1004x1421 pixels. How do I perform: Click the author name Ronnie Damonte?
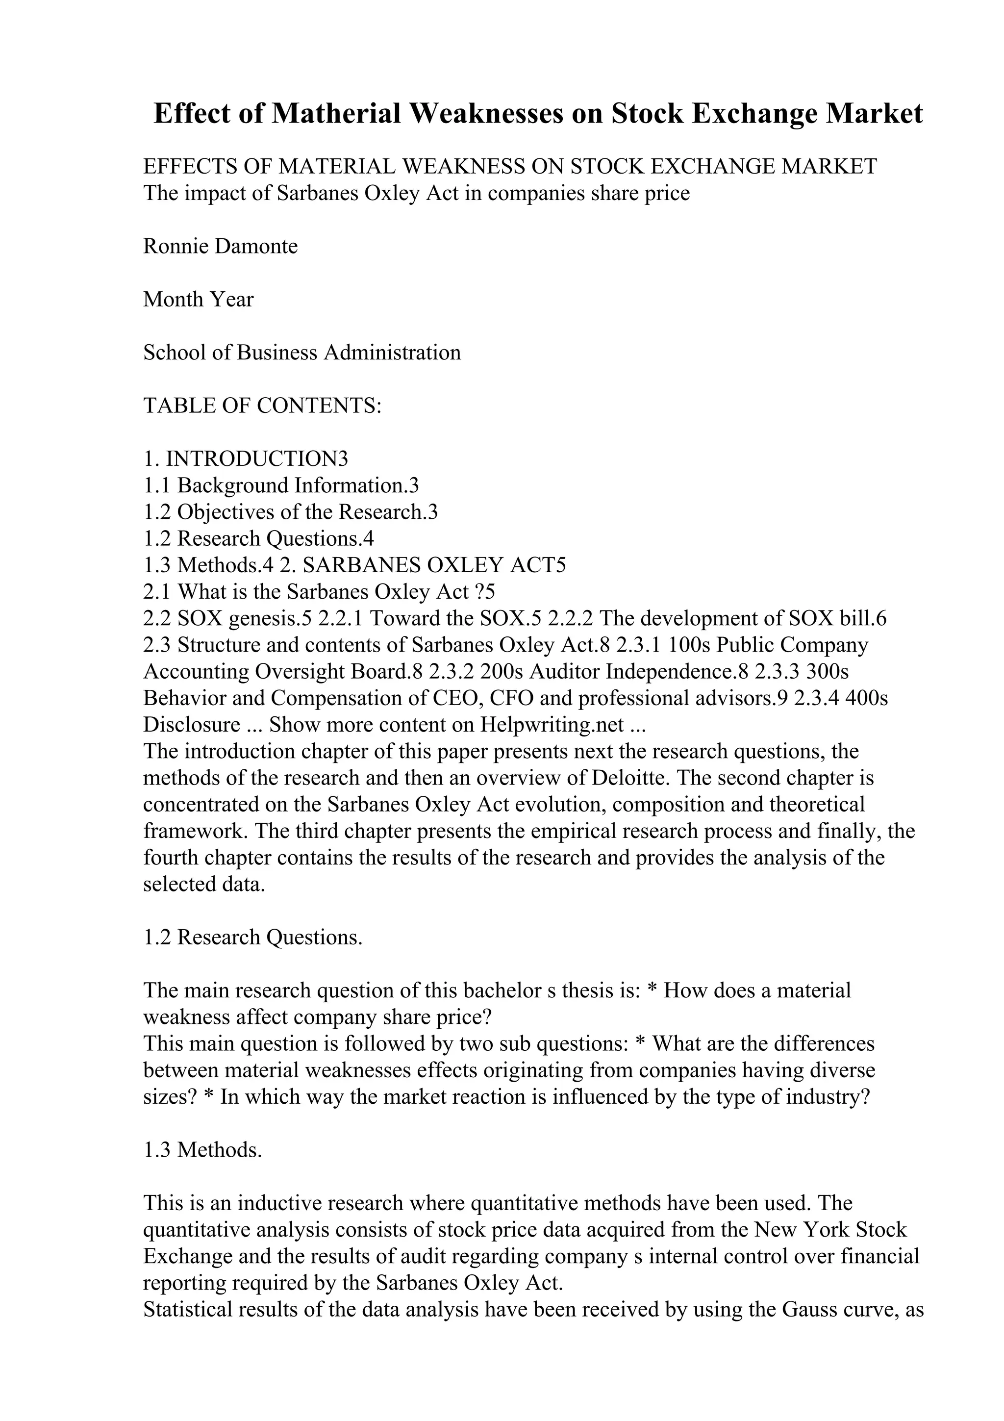[x=220, y=246]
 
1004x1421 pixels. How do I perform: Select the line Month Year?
[x=198, y=300]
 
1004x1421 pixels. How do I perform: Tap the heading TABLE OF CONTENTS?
[x=262, y=406]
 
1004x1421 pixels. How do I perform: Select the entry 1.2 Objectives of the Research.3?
[x=290, y=512]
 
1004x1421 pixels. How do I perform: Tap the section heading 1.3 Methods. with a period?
[x=203, y=1150]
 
